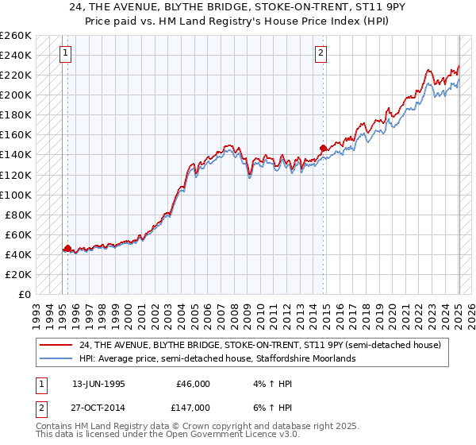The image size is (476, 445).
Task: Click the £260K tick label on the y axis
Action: coord(15,36)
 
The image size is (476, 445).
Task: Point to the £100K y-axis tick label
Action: coord(15,195)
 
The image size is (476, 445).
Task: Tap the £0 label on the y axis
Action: coord(25,294)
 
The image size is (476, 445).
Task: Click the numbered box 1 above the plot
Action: coord(64,54)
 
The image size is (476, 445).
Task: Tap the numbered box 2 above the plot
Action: coord(321,54)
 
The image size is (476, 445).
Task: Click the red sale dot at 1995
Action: coord(67,248)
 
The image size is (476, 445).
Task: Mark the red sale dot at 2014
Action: coord(323,148)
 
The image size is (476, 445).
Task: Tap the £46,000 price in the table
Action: coord(193,383)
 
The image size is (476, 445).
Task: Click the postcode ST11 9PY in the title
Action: coord(344,8)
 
